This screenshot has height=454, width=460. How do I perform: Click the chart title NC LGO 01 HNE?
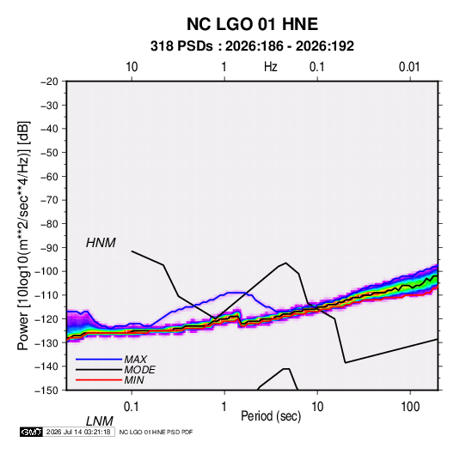click(252, 24)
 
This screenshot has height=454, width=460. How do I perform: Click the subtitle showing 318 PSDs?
click(252, 46)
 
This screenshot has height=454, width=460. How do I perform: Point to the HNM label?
click(101, 243)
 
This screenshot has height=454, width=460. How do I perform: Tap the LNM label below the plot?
click(100, 421)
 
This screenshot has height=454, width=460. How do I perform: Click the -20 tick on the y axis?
click(49, 82)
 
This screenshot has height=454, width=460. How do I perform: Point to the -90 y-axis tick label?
click(49, 248)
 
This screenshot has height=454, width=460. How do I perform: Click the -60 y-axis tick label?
click(49, 176)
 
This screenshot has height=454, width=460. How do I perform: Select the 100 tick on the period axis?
click(410, 407)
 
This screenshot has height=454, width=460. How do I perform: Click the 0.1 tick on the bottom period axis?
click(132, 407)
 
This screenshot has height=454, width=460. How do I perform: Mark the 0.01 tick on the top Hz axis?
click(409, 67)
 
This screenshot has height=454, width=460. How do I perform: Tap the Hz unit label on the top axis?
click(271, 67)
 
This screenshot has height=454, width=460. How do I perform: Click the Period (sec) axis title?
click(271, 416)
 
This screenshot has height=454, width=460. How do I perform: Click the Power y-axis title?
click(23, 236)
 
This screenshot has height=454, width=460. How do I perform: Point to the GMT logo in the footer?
click(31, 432)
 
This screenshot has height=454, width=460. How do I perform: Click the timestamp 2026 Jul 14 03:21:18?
click(78, 432)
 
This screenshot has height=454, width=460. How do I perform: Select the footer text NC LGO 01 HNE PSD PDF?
click(156, 433)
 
